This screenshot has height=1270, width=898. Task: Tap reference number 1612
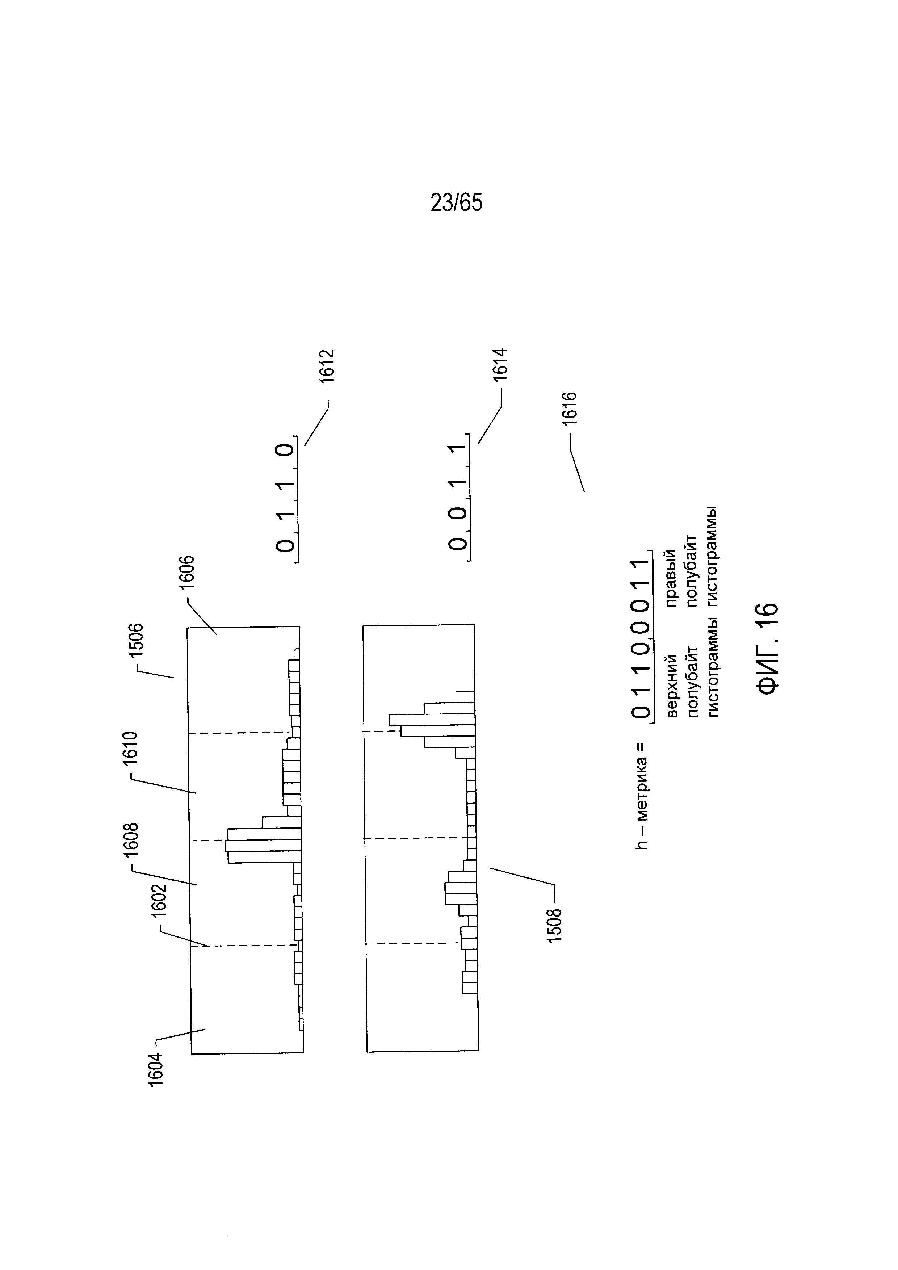click(x=327, y=366)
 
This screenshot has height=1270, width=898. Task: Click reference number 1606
click(x=186, y=576)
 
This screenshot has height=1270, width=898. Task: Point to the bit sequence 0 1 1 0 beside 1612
click(x=285, y=498)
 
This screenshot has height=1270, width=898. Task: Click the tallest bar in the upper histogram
click(x=263, y=846)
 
